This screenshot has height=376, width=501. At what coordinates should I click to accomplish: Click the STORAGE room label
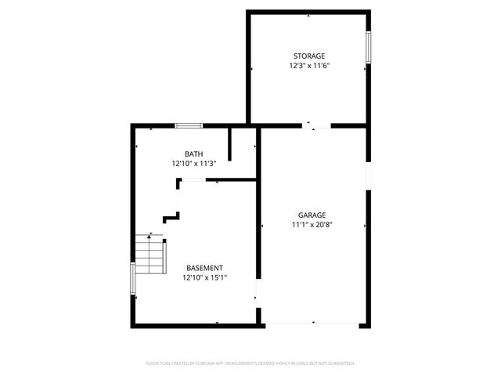tap(308, 56)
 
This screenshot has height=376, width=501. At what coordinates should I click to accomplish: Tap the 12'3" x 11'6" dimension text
tap(308, 66)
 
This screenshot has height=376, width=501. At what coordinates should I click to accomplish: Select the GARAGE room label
tap(312, 215)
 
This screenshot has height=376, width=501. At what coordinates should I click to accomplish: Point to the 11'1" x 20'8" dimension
tap(312, 225)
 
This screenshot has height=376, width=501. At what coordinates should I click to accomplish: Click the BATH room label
tap(193, 154)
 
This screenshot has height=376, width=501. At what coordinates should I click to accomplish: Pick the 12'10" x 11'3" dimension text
tap(193, 164)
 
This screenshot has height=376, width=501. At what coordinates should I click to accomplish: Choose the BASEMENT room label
tap(204, 267)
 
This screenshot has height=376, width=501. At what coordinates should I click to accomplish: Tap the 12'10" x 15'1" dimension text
tap(204, 277)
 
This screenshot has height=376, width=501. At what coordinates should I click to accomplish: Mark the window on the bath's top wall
tap(188, 125)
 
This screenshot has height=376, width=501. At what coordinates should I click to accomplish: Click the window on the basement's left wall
tap(132, 277)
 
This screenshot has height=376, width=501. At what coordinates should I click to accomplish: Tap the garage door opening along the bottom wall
tap(313, 324)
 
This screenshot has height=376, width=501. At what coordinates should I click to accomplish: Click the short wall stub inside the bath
tap(229, 144)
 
